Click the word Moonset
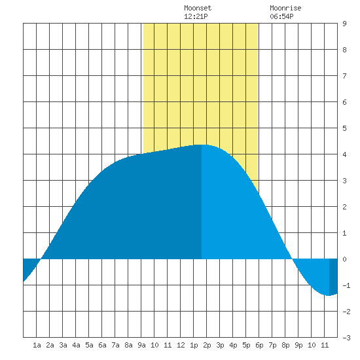tap(198, 8)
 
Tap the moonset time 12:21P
tap(196, 16)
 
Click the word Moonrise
tap(285, 8)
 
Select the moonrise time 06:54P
tap(281, 16)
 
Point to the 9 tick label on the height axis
tap(344, 24)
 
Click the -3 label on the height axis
tap(346, 338)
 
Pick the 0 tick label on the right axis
tap(344, 259)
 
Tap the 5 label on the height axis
tap(344, 128)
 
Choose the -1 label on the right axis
tap(346, 285)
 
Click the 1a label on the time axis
tap(37, 345)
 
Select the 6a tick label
tap(102, 345)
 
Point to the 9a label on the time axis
tap(141, 345)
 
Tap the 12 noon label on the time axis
tap(181, 345)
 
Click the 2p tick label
tap(207, 345)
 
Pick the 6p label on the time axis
tap(259, 345)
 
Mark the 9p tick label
tap(298, 345)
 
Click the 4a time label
tap(76, 345)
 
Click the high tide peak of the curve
tap(202, 145)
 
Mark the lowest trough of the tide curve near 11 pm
tap(329, 295)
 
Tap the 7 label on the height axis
tap(344, 76)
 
